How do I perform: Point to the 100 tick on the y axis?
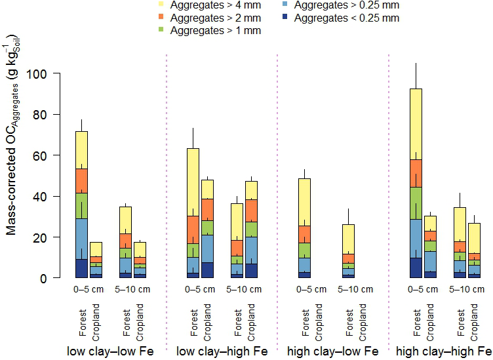click(37, 74)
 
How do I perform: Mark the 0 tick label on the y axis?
click(44, 278)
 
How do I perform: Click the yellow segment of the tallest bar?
click(415, 124)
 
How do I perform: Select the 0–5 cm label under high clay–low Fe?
click(311, 289)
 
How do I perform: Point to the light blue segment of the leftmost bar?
click(81, 239)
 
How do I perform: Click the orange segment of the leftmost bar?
click(81, 180)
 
